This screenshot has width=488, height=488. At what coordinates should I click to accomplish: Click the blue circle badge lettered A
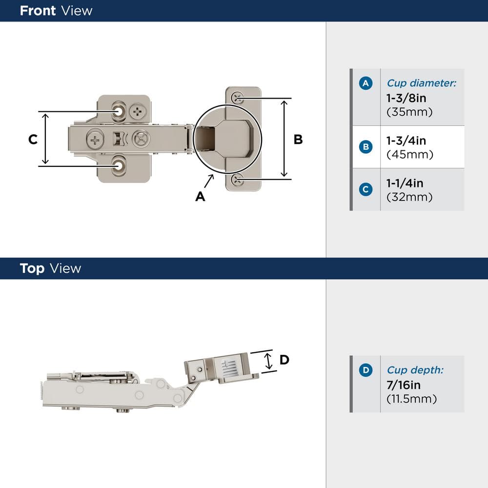pyautogui.click(x=366, y=83)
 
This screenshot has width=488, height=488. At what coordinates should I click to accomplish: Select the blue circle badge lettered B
pyautogui.click(x=366, y=147)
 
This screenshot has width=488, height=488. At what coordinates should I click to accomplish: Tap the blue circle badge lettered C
pyautogui.click(x=366, y=189)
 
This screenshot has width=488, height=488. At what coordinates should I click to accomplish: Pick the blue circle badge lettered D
pyautogui.click(x=366, y=370)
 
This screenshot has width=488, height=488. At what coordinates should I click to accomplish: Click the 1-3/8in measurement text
pyautogui.click(x=406, y=98)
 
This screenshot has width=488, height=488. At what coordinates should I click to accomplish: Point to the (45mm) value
pyautogui.click(x=409, y=155)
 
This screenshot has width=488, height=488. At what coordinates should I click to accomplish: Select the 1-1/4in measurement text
pyautogui.click(x=405, y=183)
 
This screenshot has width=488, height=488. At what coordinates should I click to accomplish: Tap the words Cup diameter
pyautogui.click(x=421, y=83)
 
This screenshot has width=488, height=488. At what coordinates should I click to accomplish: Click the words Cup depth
pyautogui.click(x=415, y=370)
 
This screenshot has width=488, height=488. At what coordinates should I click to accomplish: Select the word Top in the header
pyautogui.click(x=32, y=268)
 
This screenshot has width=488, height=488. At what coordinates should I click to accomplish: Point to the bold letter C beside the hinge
pyautogui.click(x=32, y=140)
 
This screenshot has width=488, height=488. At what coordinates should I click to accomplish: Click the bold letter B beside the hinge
pyautogui.click(x=298, y=140)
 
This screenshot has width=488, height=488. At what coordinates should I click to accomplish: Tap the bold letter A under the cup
pyautogui.click(x=200, y=196)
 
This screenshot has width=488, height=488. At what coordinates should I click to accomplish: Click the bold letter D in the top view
pyautogui.click(x=284, y=360)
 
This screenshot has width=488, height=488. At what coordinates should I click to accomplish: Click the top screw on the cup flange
pyautogui.click(x=238, y=98)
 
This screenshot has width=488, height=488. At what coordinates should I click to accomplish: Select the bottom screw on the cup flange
pyautogui.click(x=238, y=180)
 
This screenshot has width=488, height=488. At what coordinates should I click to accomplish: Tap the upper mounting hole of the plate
pyautogui.click(x=119, y=111)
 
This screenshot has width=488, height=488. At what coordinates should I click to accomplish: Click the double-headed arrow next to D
pyautogui.click(x=268, y=362)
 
